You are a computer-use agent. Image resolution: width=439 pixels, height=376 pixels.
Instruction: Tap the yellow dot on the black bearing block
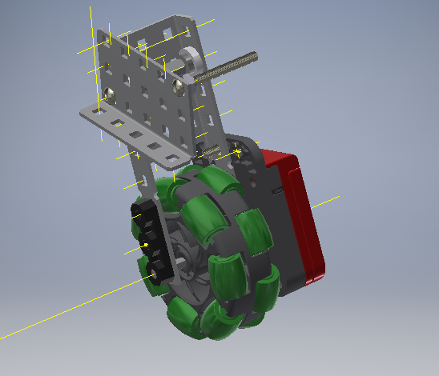click(146, 243)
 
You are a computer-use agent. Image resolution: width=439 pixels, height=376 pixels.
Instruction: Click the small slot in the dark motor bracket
click(276, 192)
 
